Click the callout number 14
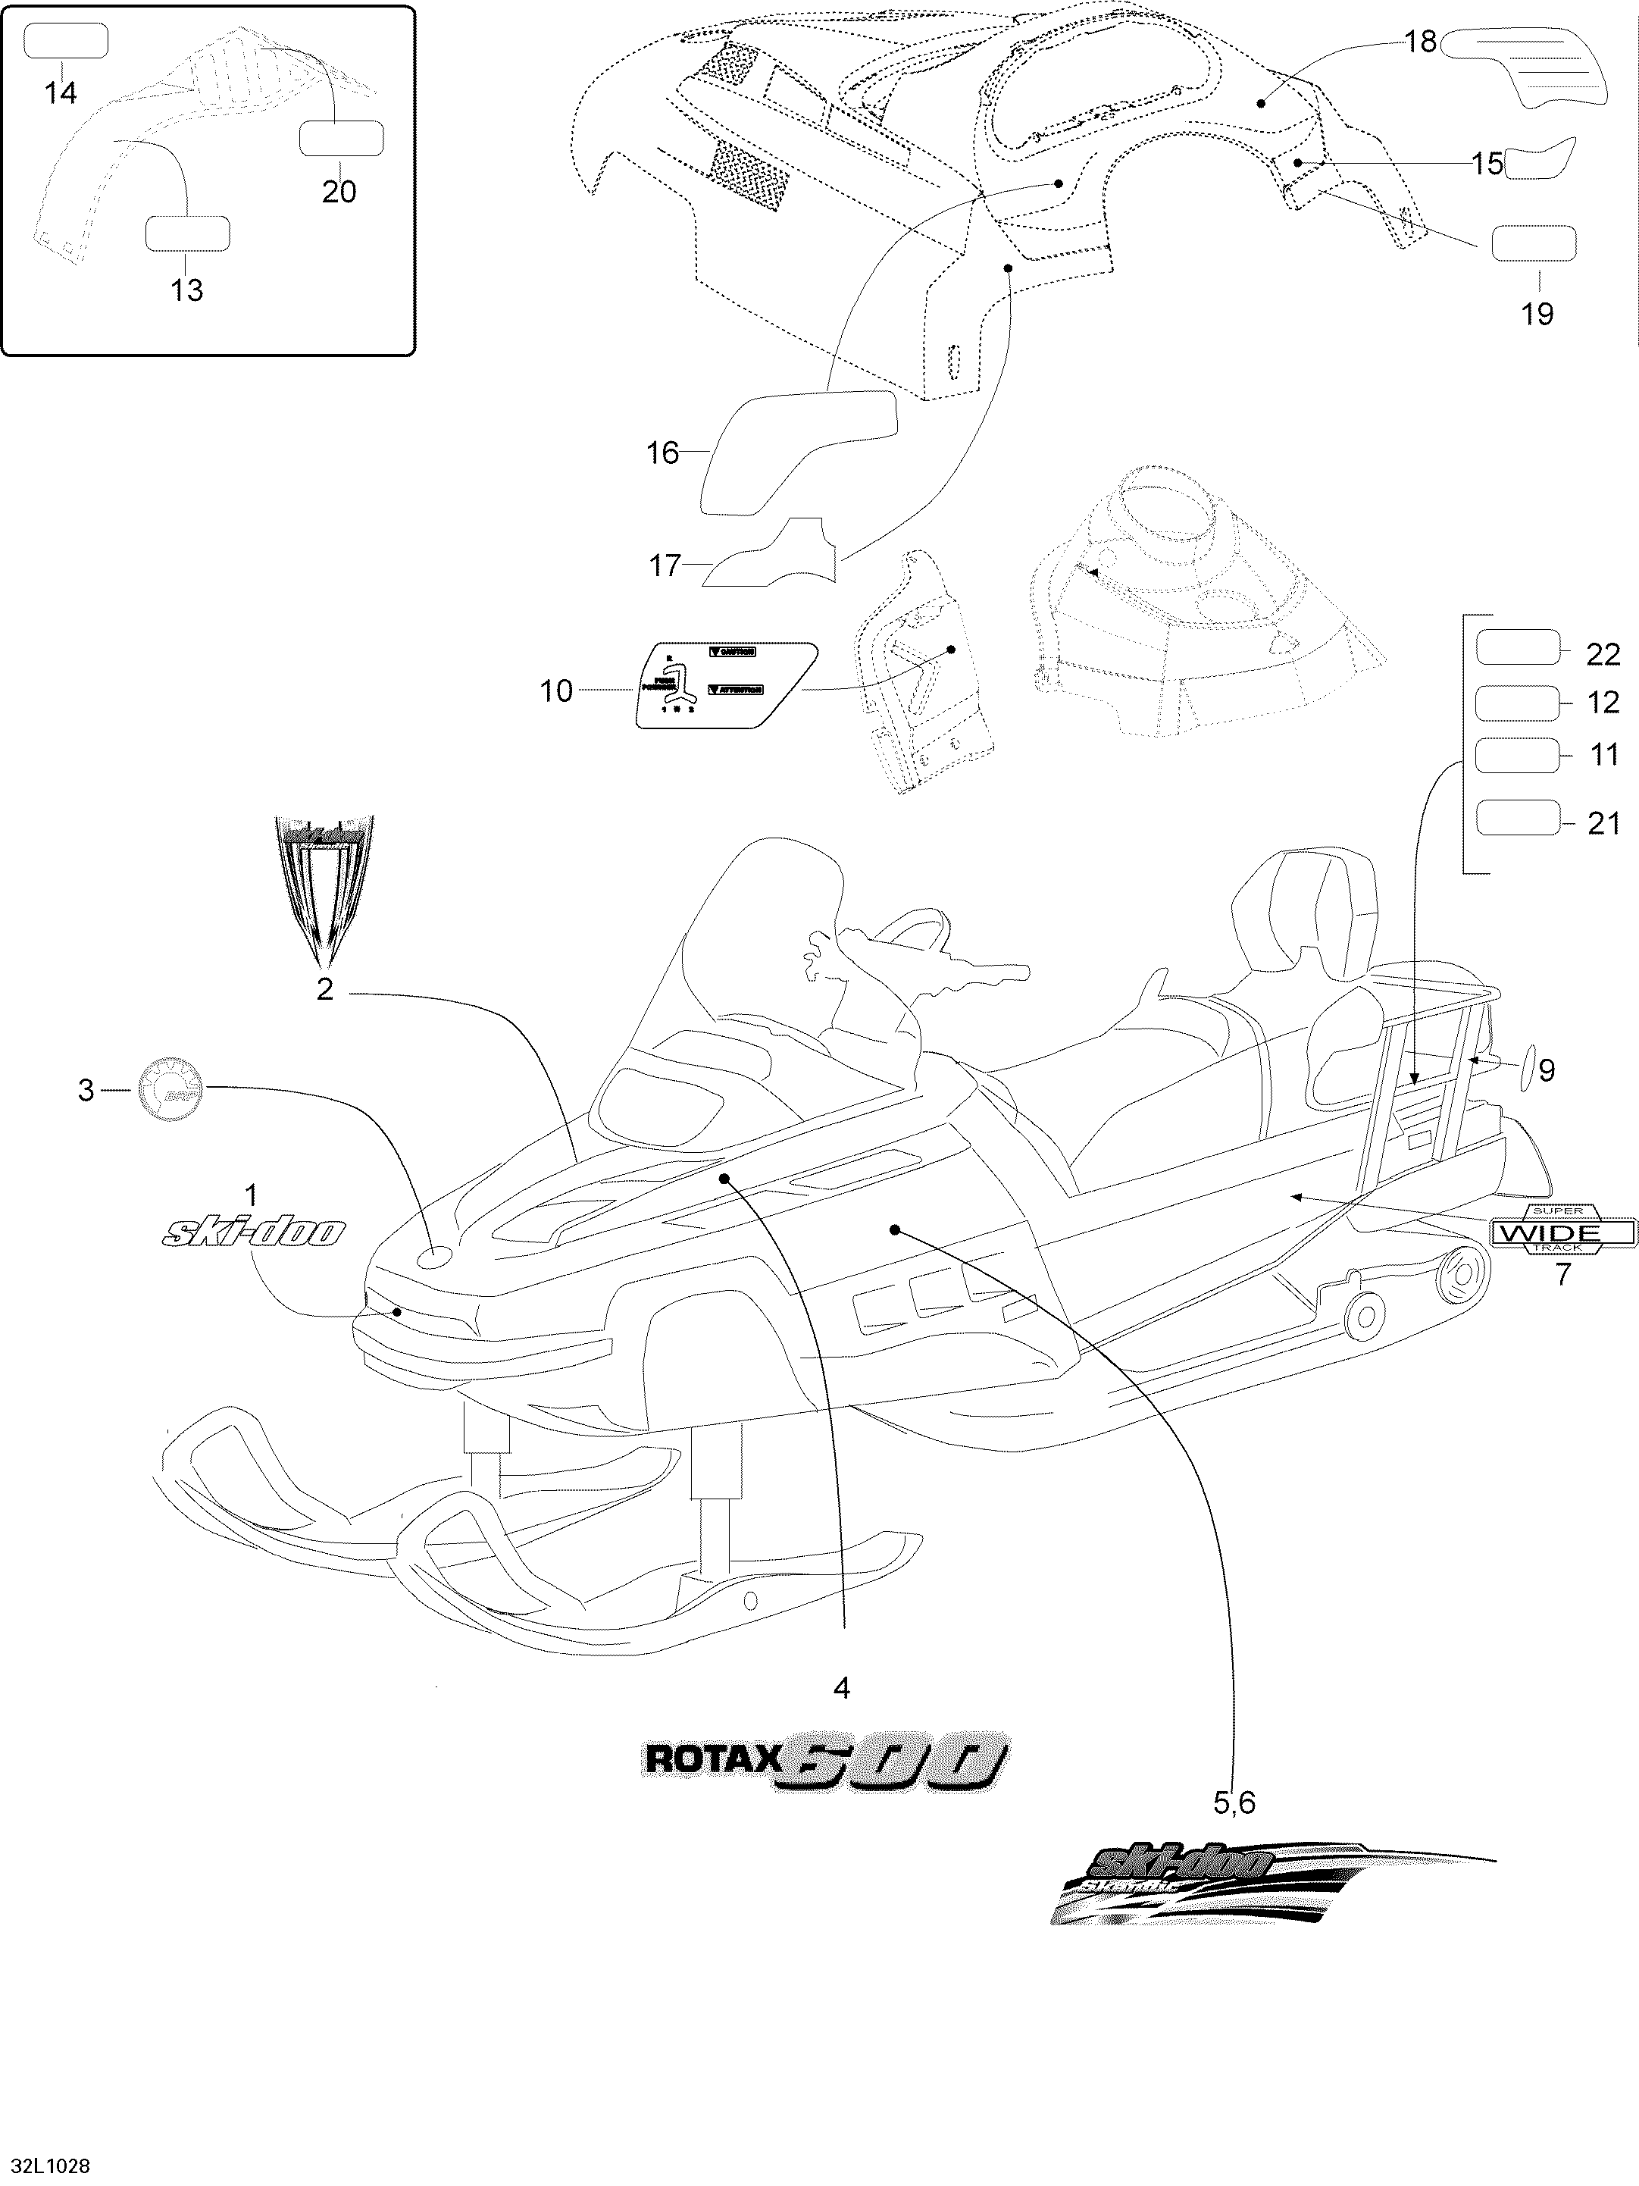pyautogui.click(x=61, y=93)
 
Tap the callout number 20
pyautogui.click(x=339, y=191)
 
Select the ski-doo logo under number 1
pyautogui.click(x=254, y=1232)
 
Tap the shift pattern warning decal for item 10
pyautogui.click(x=725, y=686)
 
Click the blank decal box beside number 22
pyautogui.click(x=1515, y=650)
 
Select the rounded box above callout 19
pyautogui.click(x=1533, y=244)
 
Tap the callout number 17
pyautogui.click(x=665, y=565)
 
